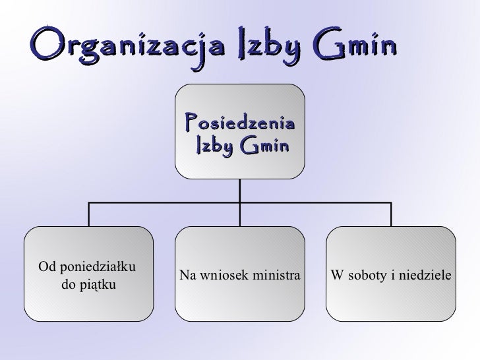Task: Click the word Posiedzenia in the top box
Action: coord(240,121)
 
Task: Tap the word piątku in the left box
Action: coord(98,285)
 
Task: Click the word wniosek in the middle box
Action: coord(222,274)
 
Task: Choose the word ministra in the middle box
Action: coord(277,274)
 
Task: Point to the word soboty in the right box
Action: coord(367,274)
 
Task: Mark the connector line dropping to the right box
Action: coord(391,214)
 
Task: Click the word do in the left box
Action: coord(67,285)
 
